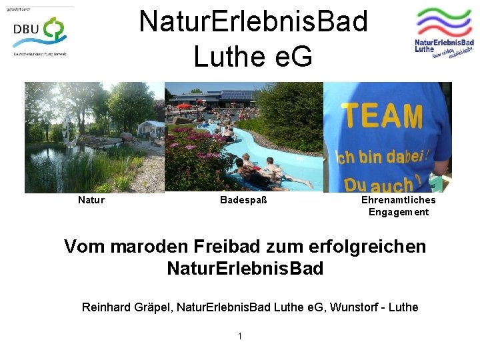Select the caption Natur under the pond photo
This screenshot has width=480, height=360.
tap(91, 200)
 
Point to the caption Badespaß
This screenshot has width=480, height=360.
tap(243, 200)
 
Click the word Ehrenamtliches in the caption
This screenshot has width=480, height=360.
tap(398, 200)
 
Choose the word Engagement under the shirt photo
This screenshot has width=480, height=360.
tap(399, 213)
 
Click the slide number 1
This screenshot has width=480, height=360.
tap(240, 336)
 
